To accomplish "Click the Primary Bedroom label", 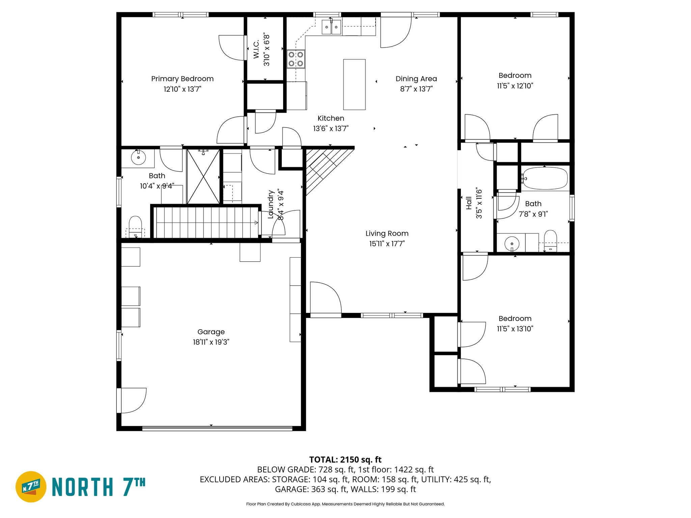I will point(182,79).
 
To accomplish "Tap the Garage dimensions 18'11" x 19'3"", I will point(211,342).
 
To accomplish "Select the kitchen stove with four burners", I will point(296,59).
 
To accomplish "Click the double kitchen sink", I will point(331,27).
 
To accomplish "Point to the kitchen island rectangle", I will point(354,84).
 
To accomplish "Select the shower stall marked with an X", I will point(203,177).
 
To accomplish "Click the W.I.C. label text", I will point(256,49).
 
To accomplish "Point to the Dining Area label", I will point(416,79).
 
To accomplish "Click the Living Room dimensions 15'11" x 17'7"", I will point(387,243).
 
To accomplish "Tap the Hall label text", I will point(469,203).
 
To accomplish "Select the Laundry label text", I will point(271,204).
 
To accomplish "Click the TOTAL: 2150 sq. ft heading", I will point(345,460).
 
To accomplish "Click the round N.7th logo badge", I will point(31,487).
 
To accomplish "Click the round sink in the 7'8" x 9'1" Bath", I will point(512,243).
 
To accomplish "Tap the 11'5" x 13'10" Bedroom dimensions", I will point(515,328).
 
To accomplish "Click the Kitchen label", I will point(331,118).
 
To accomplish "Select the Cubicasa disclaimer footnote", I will point(345,504).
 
